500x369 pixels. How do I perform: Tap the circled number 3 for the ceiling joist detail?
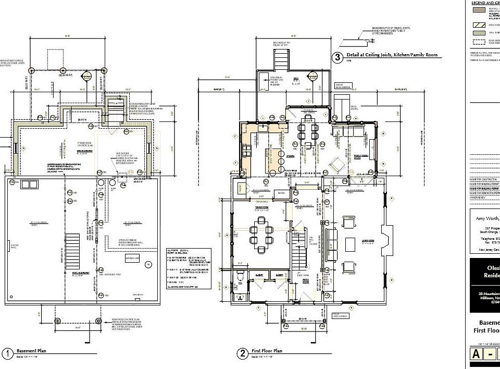337,57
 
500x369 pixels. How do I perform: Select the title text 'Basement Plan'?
31,351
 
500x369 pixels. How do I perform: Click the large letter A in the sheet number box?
476,354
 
